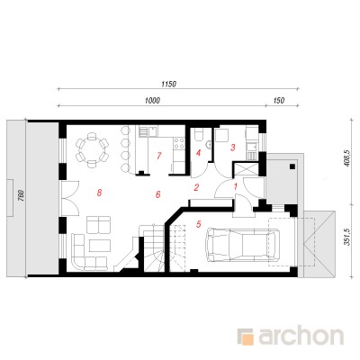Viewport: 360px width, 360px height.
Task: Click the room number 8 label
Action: pos(99,193)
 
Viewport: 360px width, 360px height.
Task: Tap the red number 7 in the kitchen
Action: pos(159,156)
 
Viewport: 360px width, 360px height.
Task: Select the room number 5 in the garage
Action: pos(198,223)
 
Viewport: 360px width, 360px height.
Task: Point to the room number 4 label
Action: pos(198,153)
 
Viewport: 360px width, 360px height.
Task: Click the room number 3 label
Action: pos(232,148)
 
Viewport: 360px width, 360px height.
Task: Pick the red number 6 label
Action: pos(158,194)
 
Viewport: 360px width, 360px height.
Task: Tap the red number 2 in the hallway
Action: pos(196,187)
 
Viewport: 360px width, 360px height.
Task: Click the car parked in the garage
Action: pos(242,244)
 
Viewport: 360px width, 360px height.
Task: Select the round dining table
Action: pos(92,148)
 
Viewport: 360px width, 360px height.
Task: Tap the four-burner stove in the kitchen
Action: pos(179,144)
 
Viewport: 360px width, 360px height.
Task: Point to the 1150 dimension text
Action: pos(168,85)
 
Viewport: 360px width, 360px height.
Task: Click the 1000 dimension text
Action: pos(152,101)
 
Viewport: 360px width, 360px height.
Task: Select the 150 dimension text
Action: pos(279,101)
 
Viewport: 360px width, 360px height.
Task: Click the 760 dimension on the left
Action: pos(21,195)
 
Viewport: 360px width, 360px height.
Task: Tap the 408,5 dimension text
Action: pos(347,159)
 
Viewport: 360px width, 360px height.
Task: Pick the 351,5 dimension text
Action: pos(347,237)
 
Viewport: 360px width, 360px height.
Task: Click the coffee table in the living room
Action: pos(100,246)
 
